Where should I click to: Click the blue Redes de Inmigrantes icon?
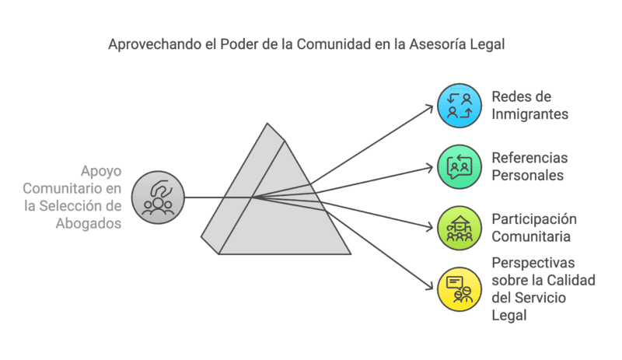pos(459,106)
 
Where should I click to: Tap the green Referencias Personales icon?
pos(459,166)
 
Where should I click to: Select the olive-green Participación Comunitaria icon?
pos(459,228)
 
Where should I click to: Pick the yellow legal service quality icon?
pos(459,288)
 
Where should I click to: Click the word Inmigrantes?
pos(529,114)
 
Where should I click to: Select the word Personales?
pos(527,176)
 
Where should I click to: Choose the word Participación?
pos(534,219)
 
